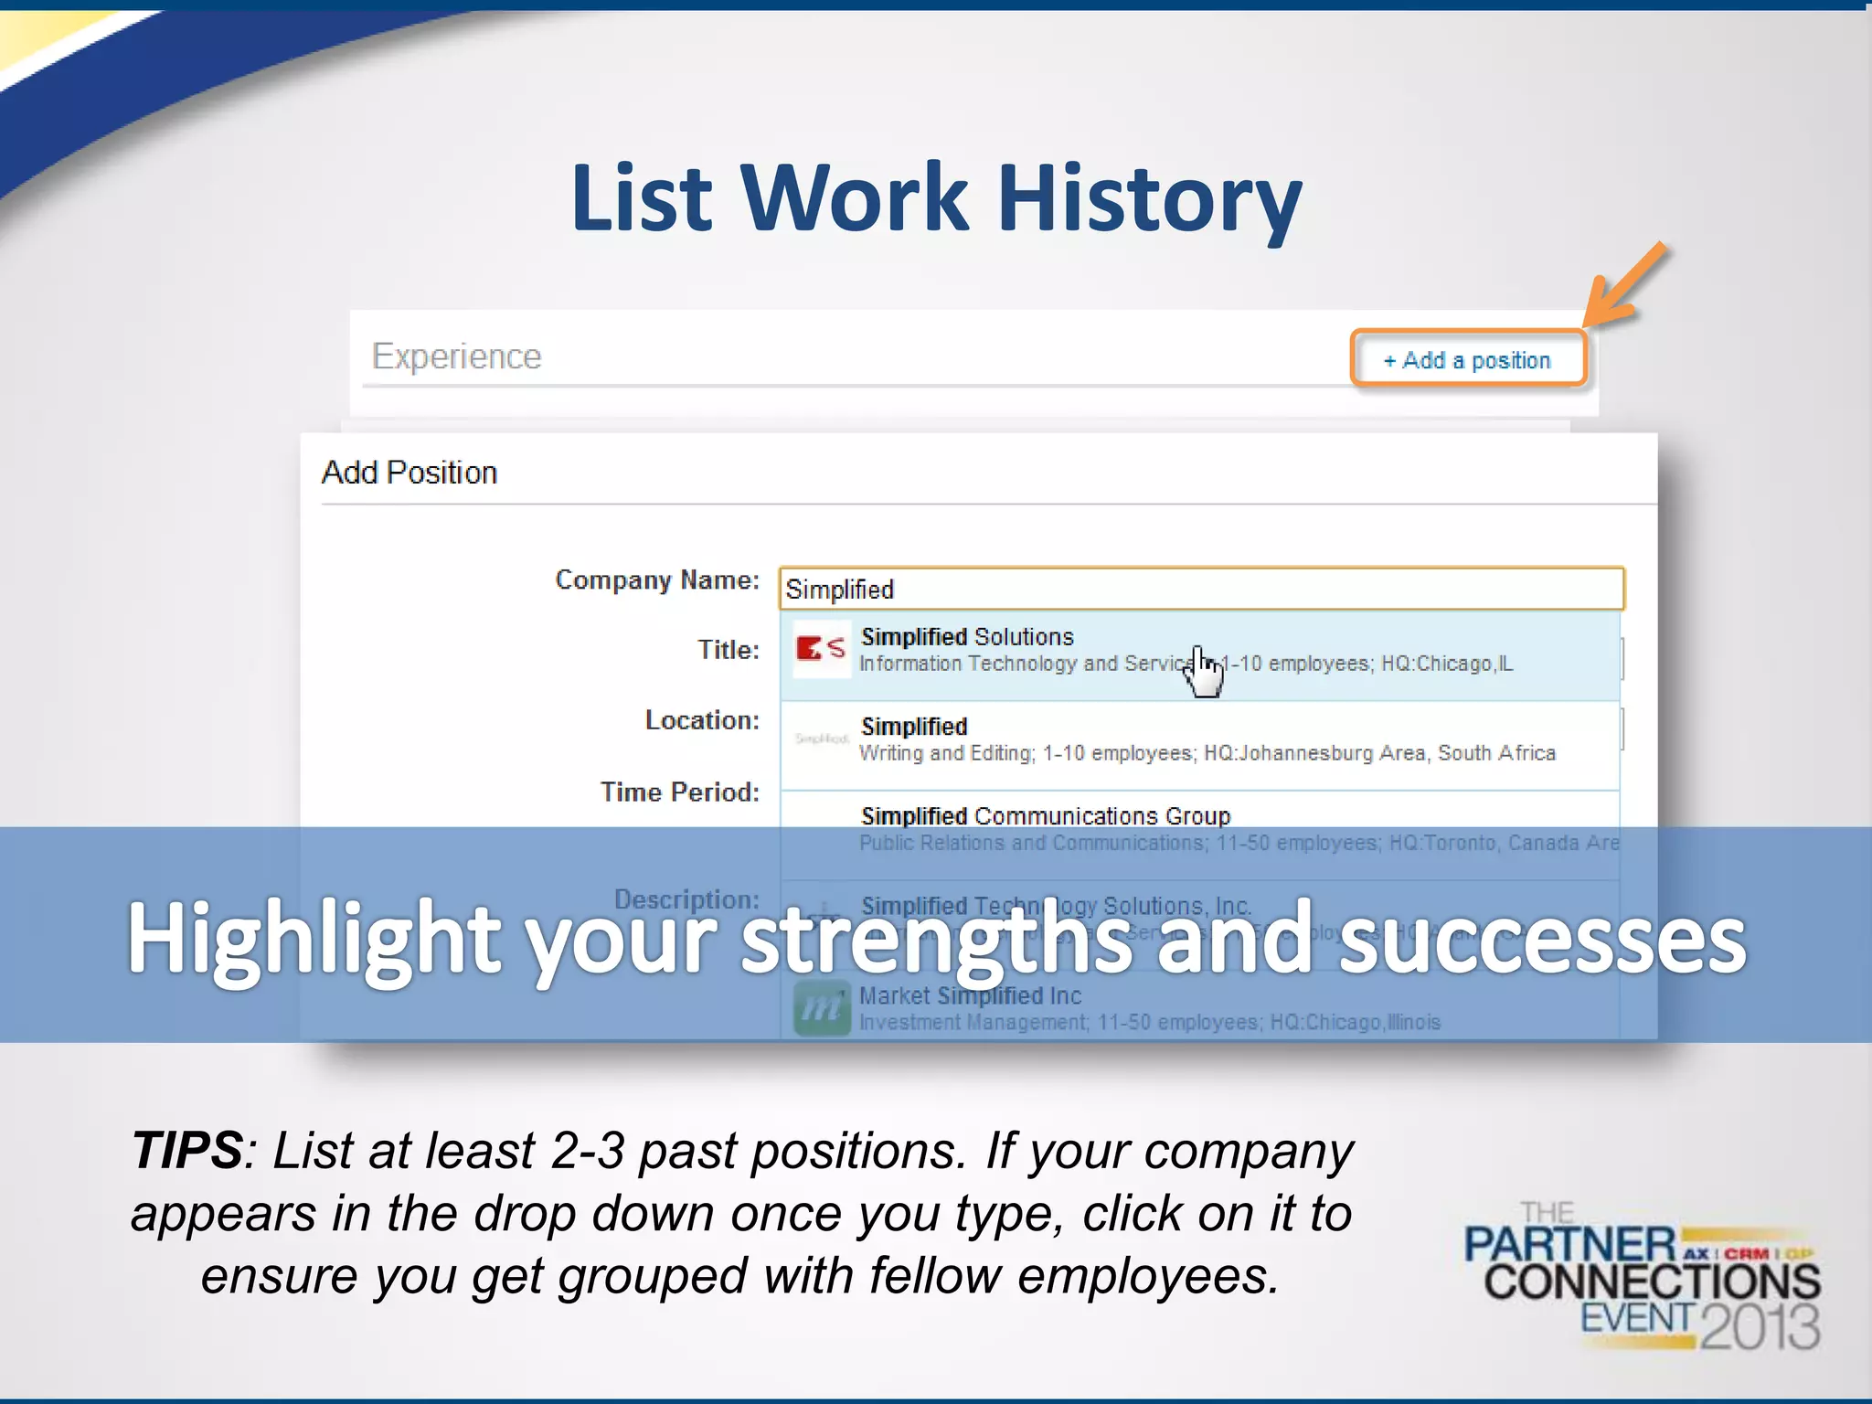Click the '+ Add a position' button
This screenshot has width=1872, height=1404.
[x=1467, y=359]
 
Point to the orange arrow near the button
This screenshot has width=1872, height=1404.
[x=1624, y=285]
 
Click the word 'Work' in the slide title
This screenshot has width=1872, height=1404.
[x=854, y=198]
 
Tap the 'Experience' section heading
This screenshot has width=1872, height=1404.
[x=456, y=356]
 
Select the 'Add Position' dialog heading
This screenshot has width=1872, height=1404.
[x=409, y=473]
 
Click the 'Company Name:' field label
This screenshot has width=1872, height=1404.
[x=657, y=580]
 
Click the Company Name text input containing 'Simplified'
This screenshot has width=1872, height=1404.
[x=1200, y=590]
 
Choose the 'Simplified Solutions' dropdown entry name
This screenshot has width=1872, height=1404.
[x=966, y=637]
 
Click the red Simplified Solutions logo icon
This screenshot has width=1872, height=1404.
[x=820, y=649]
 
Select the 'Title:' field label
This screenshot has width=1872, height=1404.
[x=729, y=650]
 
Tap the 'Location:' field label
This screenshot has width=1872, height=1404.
[x=702, y=720]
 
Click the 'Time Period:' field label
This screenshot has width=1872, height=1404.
[x=679, y=792]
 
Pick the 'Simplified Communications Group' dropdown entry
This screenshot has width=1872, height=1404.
[x=1045, y=815]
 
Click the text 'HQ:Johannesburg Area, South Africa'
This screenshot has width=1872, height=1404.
[x=1379, y=753]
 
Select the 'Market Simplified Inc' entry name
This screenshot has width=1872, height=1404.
[x=970, y=995]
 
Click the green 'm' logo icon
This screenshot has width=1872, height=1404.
[x=821, y=1008]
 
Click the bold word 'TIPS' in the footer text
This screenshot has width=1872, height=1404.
[x=187, y=1150]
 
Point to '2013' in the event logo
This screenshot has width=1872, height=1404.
[x=1760, y=1326]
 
